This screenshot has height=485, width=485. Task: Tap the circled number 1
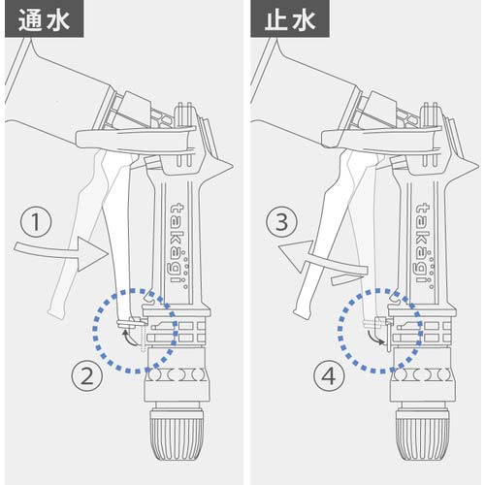pos(35,224)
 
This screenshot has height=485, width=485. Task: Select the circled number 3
pos(281,224)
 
